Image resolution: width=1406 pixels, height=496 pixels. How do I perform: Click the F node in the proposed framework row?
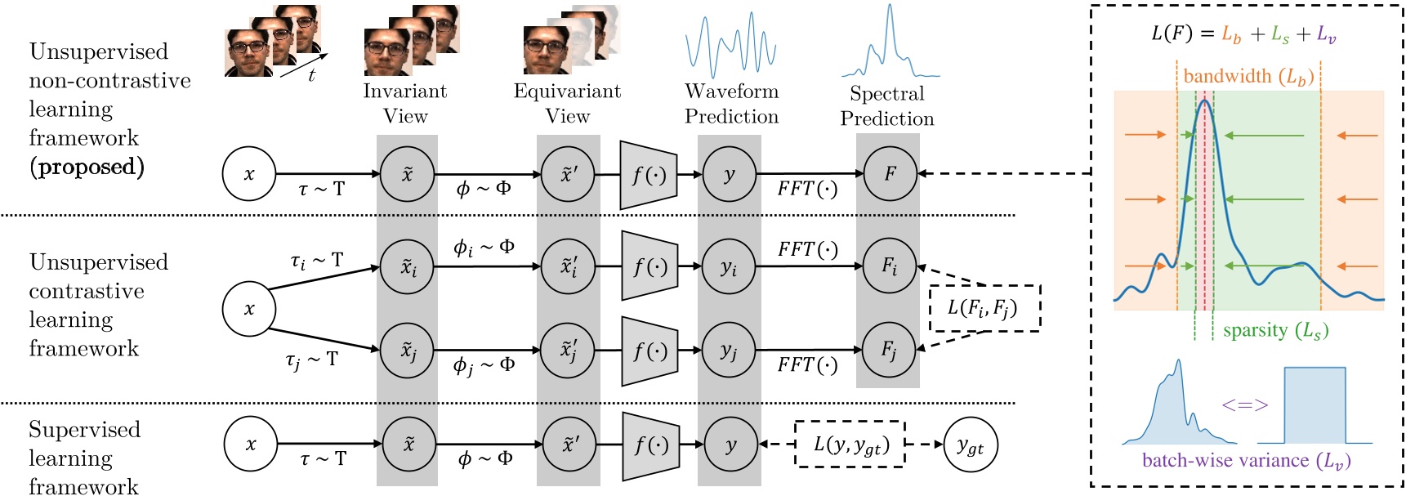[x=890, y=173]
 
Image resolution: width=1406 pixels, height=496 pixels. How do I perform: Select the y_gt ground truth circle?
[x=970, y=445]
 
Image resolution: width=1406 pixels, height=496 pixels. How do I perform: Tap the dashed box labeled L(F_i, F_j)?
[x=984, y=308]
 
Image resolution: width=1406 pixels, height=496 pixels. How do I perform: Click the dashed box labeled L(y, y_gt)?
[x=850, y=445]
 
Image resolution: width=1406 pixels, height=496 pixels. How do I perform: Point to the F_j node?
[x=889, y=350]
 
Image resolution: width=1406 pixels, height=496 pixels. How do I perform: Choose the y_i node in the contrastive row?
[x=729, y=266]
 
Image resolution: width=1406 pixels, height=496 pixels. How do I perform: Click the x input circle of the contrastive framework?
[x=249, y=309]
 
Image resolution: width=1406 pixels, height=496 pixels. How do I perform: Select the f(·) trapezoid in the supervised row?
[x=651, y=445]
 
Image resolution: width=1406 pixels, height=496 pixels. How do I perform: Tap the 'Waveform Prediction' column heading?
[x=731, y=103]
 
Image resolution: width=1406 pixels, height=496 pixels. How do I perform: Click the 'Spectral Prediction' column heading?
[x=887, y=105]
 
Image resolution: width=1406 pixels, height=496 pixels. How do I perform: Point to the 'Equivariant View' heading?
[x=567, y=103]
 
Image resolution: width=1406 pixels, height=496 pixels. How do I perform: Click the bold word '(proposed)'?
[x=87, y=167]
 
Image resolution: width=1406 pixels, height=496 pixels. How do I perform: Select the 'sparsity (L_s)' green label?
[x=1275, y=330]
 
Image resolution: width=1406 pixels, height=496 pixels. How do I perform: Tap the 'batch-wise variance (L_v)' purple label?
[x=1246, y=461]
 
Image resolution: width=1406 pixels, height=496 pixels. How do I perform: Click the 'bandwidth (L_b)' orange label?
[x=1248, y=77]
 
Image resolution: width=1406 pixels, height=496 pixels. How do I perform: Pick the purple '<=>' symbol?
[x=1245, y=404]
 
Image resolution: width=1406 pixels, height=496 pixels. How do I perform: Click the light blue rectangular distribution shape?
[x=1314, y=405]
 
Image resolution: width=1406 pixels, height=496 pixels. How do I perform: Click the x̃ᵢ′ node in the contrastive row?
[x=569, y=266]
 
